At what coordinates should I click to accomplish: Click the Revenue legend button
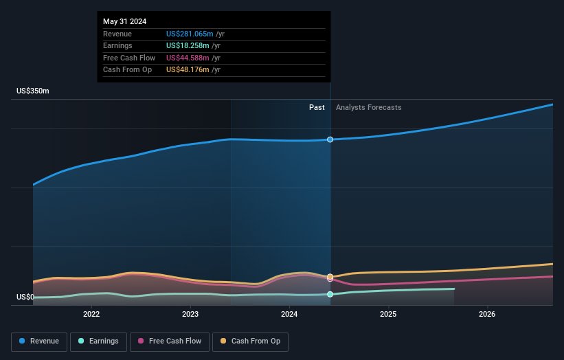tap(39, 341)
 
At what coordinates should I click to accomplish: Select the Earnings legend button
tap(98, 341)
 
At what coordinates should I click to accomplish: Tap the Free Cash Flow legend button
tap(170, 341)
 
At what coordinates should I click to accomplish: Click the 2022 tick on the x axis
tap(91, 315)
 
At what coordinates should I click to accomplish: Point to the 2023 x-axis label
tap(190, 315)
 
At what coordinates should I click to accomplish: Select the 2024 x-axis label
tap(289, 315)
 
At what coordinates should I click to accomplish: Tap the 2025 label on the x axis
tap(388, 315)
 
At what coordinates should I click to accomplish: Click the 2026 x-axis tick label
tap(487, 315)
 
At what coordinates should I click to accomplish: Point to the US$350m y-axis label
tap(33, 91)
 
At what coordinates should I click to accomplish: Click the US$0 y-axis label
tap(25, 297)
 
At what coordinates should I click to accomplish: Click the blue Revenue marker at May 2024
tap(330, 139)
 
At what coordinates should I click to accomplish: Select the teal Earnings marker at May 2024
tap(330, 294)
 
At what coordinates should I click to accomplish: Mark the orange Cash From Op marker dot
tap(330, 277)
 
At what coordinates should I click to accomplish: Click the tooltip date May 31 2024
tap(125, 22)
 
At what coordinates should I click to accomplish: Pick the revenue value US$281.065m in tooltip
tap(190, 34)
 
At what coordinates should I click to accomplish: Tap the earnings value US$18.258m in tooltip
tap(188, 46)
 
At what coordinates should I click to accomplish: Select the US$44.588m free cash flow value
tap(188, 58)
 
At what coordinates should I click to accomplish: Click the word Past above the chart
tap(317, 107)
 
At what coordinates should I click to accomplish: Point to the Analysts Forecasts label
tap(368, 107)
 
